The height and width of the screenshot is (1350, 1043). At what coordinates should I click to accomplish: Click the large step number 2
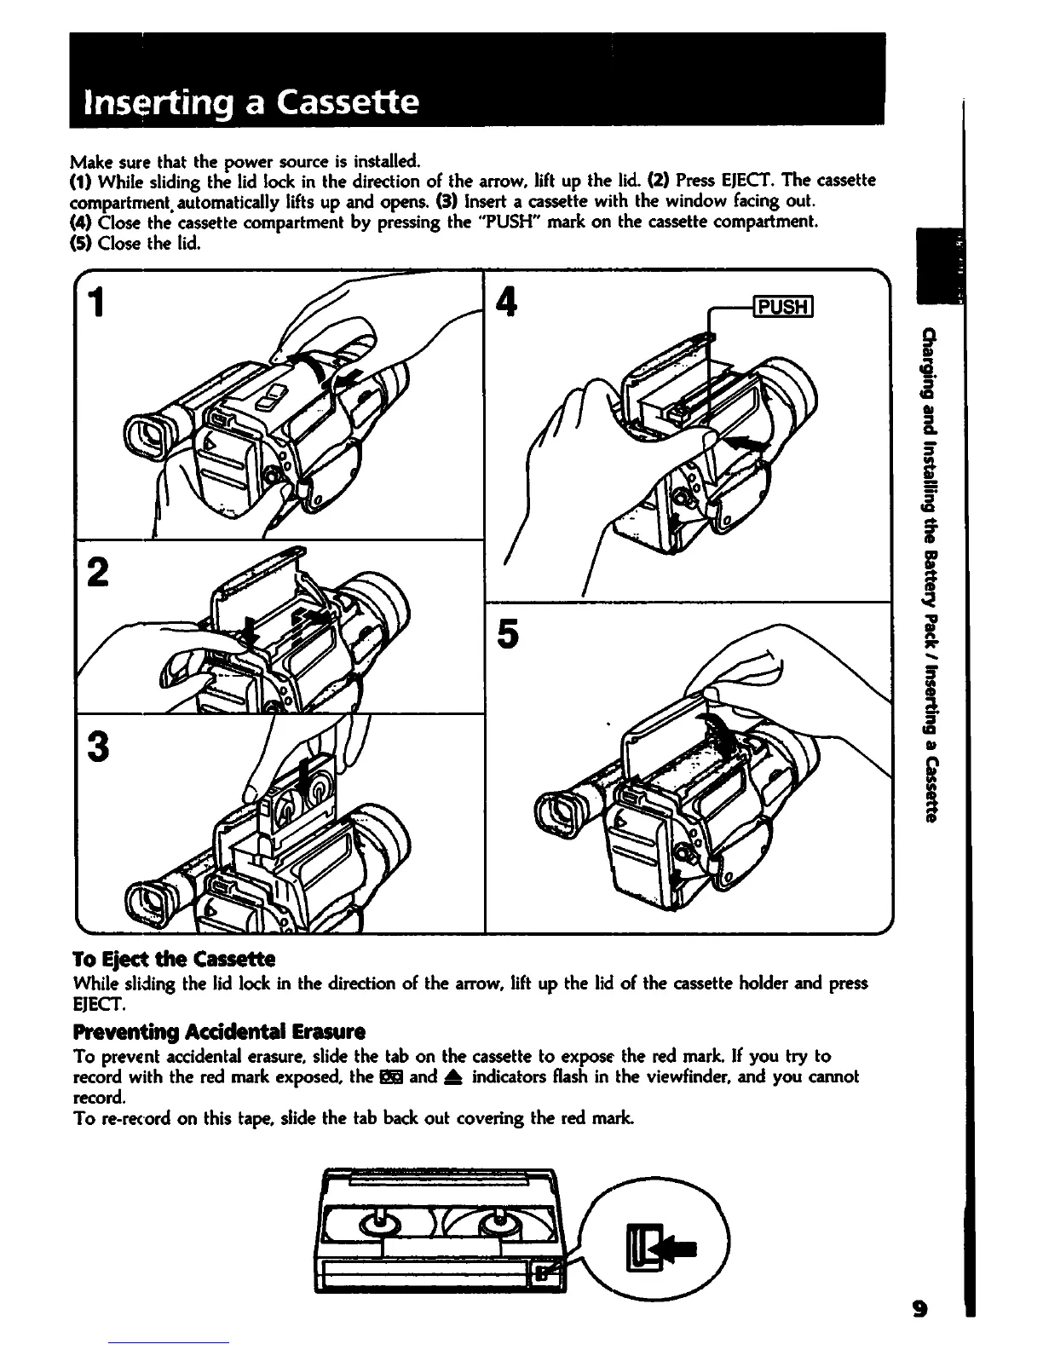[x=100, y=572]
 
